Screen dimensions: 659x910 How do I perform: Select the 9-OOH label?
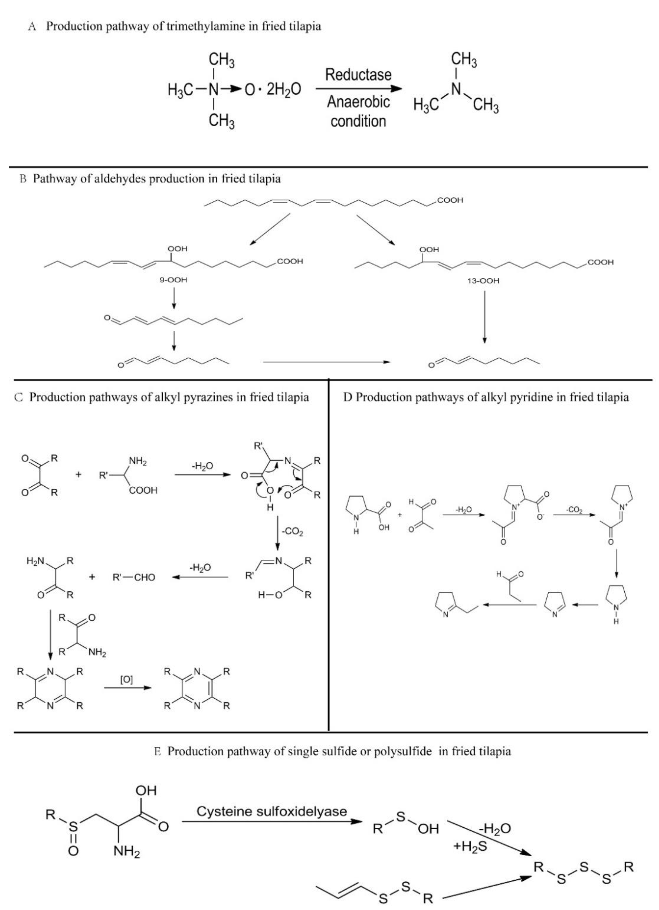(x=173, y=280)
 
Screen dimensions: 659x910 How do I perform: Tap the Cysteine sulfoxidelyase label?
(x=272, y=811)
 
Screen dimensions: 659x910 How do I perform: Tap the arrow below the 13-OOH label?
(x=484, y=317)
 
